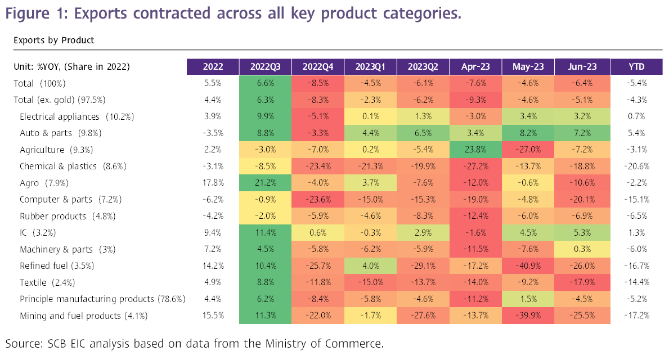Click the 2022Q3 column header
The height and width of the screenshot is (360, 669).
click(x=265, y=66)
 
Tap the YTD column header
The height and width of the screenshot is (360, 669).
click(x=636, y=66)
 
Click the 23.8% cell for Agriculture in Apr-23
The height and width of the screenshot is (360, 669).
click(x=475, y=150)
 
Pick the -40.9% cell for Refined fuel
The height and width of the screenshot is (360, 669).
click(x=528, y=266)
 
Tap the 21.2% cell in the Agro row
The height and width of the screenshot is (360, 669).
click(x=265, y=183)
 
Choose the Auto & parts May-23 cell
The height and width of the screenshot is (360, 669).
click(x=528, y=133)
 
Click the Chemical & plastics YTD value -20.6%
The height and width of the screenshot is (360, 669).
click(x=636, y=166)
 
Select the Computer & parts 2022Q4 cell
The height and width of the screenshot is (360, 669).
click(x=318, y=200)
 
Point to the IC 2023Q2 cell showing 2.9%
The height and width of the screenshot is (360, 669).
click(x=423, y=233)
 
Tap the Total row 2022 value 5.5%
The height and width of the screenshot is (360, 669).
click(x=212, y=83)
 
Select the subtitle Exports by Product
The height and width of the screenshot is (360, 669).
click(x=53, y=40)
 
